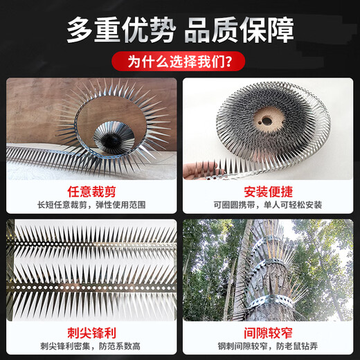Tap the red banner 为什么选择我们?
point(179,62)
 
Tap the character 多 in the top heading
point(79,30)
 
